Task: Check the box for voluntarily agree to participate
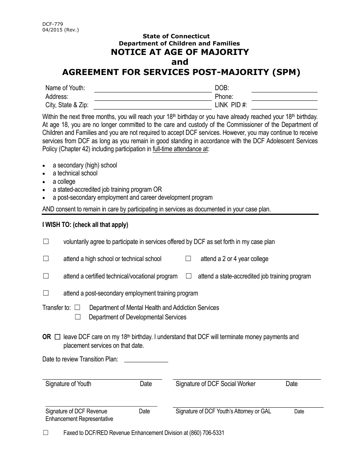click(46, 242)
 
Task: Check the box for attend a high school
click(46, 259)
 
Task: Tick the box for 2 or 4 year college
click(188, 259)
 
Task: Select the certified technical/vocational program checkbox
click(46, 276)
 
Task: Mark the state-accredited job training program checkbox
click(189, 276)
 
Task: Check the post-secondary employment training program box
click(46, 293)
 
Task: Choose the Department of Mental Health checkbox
click(78, 308)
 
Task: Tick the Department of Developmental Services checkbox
click(78, 317)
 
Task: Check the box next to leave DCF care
click(58, 337)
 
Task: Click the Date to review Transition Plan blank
click(146, 360)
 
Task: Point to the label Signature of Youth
click(68, 384)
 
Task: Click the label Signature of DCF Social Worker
click(215, 384)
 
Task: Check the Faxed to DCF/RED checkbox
click(46, 433)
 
